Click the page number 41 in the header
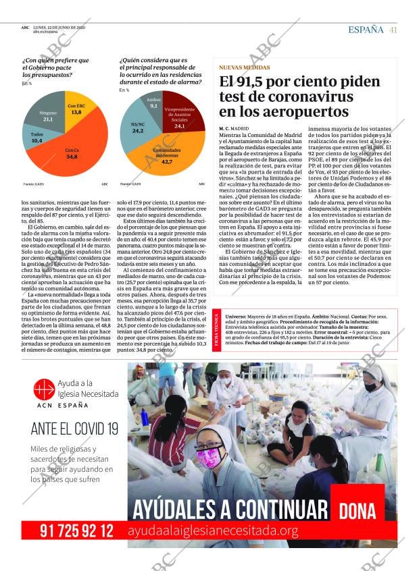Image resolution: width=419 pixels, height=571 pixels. [393, 30]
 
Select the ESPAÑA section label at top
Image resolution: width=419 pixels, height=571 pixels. [366, 30]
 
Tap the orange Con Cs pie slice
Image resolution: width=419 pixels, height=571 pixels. [71, 152]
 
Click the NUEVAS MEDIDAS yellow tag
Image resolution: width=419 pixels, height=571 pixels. [245, 67]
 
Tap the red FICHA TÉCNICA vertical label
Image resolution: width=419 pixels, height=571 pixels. [216, 330]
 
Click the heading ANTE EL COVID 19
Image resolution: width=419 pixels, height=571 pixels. [74, 428]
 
